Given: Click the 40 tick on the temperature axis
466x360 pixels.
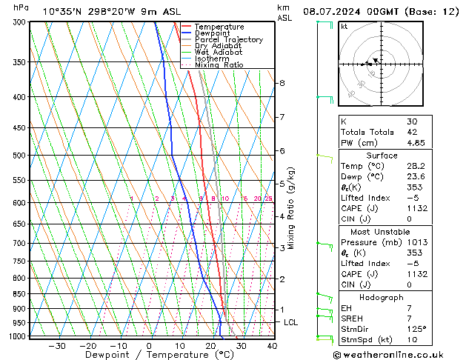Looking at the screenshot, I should click(272, 346).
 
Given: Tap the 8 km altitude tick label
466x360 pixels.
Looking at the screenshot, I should click(282, 83).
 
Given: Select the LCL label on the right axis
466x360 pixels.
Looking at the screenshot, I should click(291, 322).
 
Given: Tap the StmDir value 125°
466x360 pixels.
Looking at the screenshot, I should click(416, 329).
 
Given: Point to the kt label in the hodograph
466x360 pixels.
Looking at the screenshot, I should click(344, 27).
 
